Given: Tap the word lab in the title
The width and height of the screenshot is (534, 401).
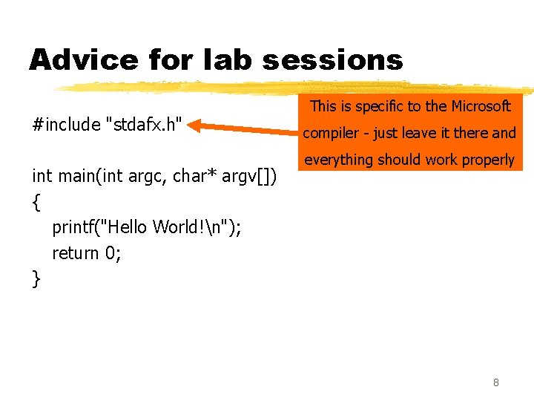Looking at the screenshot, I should [x=230, y=60].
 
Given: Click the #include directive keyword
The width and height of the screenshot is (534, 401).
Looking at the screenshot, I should [x=67, y=124].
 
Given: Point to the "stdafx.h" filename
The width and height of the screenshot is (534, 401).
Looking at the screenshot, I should [x=145, y=124].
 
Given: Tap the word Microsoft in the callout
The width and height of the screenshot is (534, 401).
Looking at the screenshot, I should [x=475, y=106].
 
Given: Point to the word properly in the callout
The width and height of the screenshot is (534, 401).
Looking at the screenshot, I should [x=487, y=160].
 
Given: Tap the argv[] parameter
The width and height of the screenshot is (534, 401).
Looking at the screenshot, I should [x=251, y=176].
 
